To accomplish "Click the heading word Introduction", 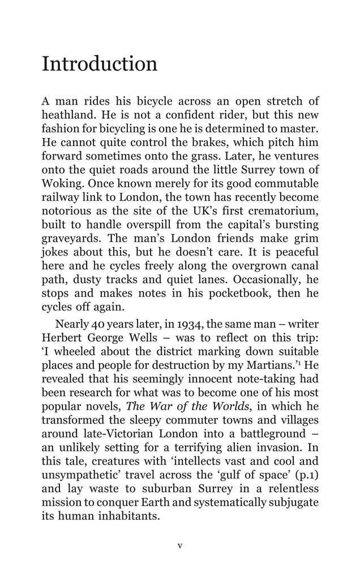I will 100,63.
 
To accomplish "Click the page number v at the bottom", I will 180,546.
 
